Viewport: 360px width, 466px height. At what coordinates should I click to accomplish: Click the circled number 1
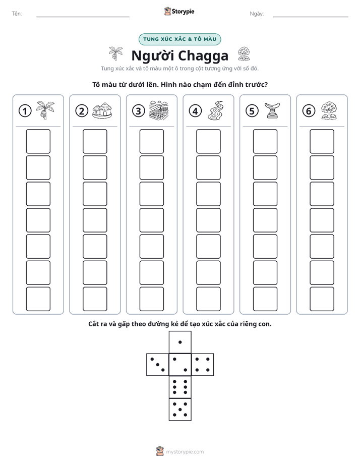(25, 111)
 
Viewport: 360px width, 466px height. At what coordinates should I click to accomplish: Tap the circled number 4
(195, 111)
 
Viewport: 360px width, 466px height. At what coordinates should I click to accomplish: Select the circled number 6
(309, 111)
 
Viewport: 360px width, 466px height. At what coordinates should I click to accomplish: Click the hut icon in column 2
(102, 110)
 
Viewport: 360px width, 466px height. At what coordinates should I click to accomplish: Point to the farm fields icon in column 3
(159, 110)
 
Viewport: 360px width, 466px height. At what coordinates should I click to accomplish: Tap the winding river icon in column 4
(216, 110)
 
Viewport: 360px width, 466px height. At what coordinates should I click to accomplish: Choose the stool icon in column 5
(272, 110)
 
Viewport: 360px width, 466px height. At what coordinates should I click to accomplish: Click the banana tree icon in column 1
(45, 110)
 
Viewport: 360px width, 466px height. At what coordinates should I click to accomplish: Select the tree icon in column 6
(329, 110)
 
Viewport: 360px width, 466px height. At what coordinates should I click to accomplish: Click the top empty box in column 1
(38, 141)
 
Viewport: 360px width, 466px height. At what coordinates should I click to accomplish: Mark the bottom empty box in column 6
(322, 299)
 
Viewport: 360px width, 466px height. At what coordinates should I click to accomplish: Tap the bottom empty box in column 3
(151, 299)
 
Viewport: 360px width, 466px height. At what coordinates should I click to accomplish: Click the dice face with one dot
(180, 342)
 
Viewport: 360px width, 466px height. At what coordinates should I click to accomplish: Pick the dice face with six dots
(180, 387)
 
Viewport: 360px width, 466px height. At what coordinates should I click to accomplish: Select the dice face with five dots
(180, 410)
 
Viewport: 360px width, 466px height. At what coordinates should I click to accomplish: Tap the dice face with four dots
(203, 365)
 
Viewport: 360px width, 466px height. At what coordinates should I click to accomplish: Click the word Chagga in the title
(204, 56)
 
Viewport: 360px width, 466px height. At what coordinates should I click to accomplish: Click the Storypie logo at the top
(179, 11)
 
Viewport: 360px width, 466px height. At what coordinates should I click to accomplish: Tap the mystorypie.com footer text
(185, 452)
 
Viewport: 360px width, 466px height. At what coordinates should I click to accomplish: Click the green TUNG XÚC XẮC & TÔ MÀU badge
(179, 39)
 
